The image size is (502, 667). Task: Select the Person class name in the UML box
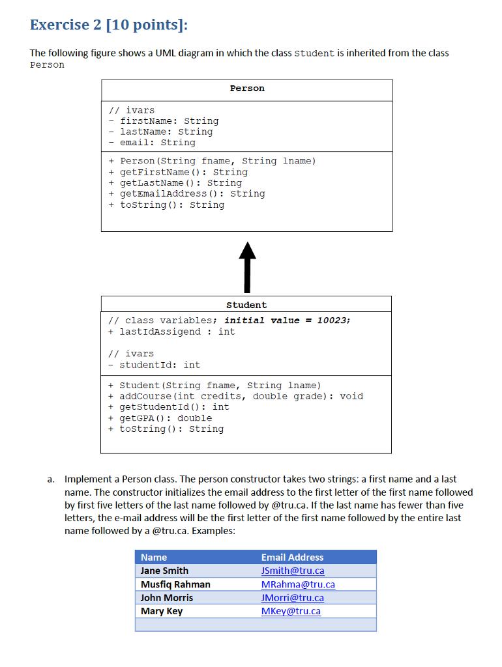click(x=247, y=89)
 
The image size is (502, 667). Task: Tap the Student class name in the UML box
click(x=246, y=305)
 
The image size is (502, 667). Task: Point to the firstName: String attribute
click(x=169, y=121)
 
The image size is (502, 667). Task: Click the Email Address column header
click(x=292, y=558)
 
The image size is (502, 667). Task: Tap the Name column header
click(x=154, y=558)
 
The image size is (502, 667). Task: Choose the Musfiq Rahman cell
click(x=175, y=584)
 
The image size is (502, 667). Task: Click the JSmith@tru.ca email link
click(x=293, y=571)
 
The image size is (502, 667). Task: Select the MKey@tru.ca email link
click(x=291, y=611)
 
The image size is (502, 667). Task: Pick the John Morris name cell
click(x=167, y=598)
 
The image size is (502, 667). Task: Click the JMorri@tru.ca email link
click(x=293, y=598)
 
